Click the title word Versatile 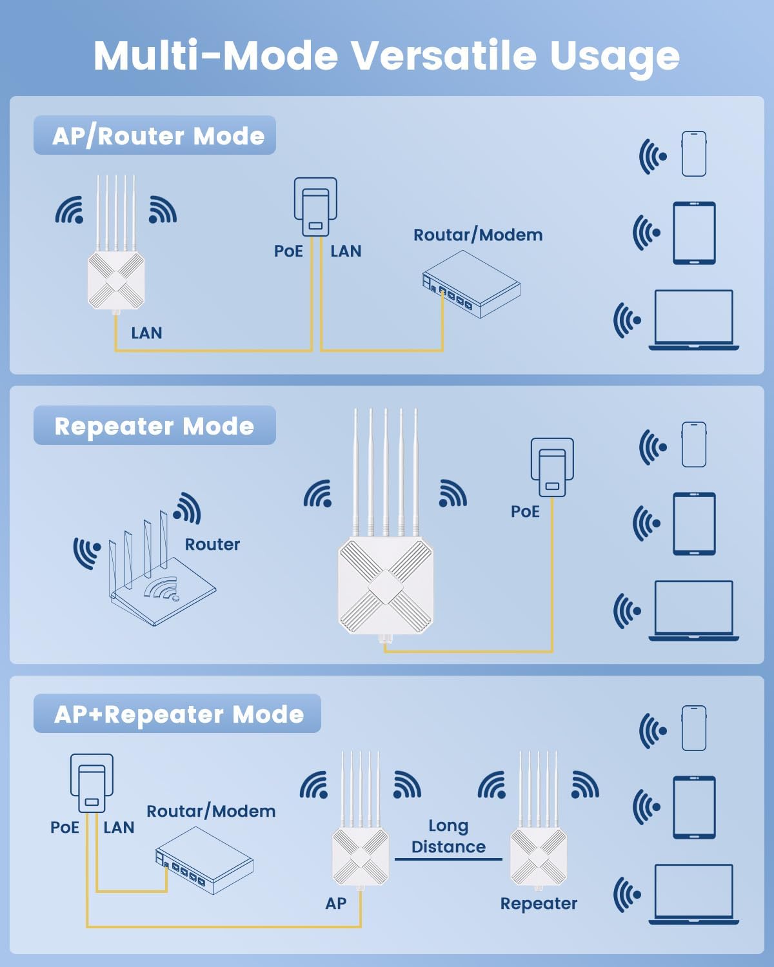click(x=444, y=55)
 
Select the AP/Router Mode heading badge click(x=155, y=135)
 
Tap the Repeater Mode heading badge click(x=155, y=425)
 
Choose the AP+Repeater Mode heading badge click(x=177, y=714)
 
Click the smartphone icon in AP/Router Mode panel click(x=694, y=153)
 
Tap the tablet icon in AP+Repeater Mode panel click(x=694, y=807)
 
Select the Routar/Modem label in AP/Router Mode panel click(x=478, y=235)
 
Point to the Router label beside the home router click(x=212, y=545)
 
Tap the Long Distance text click(x=448, y=836)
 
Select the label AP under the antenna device click(x=335, y=903)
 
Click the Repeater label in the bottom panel click(x=539, y=903)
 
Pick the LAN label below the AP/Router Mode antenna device click(x=146, y=333)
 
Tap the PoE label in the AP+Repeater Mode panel click(x=64, y=827)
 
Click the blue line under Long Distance click(x=448, y=859)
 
